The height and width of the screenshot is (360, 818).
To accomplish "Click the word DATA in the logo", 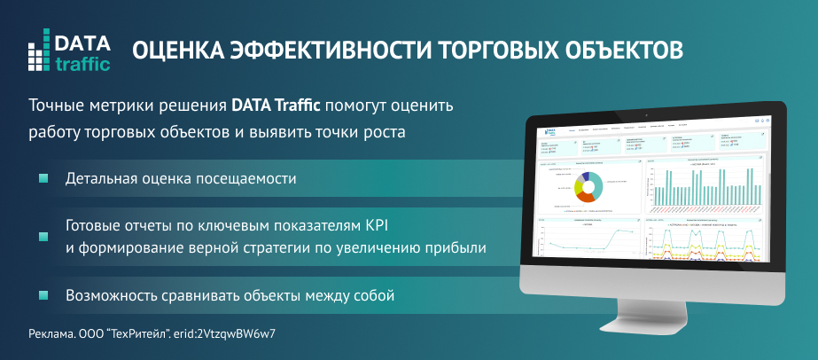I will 82,42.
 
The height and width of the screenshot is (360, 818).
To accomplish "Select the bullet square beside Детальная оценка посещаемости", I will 42,179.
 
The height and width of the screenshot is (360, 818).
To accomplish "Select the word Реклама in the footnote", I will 49,334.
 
